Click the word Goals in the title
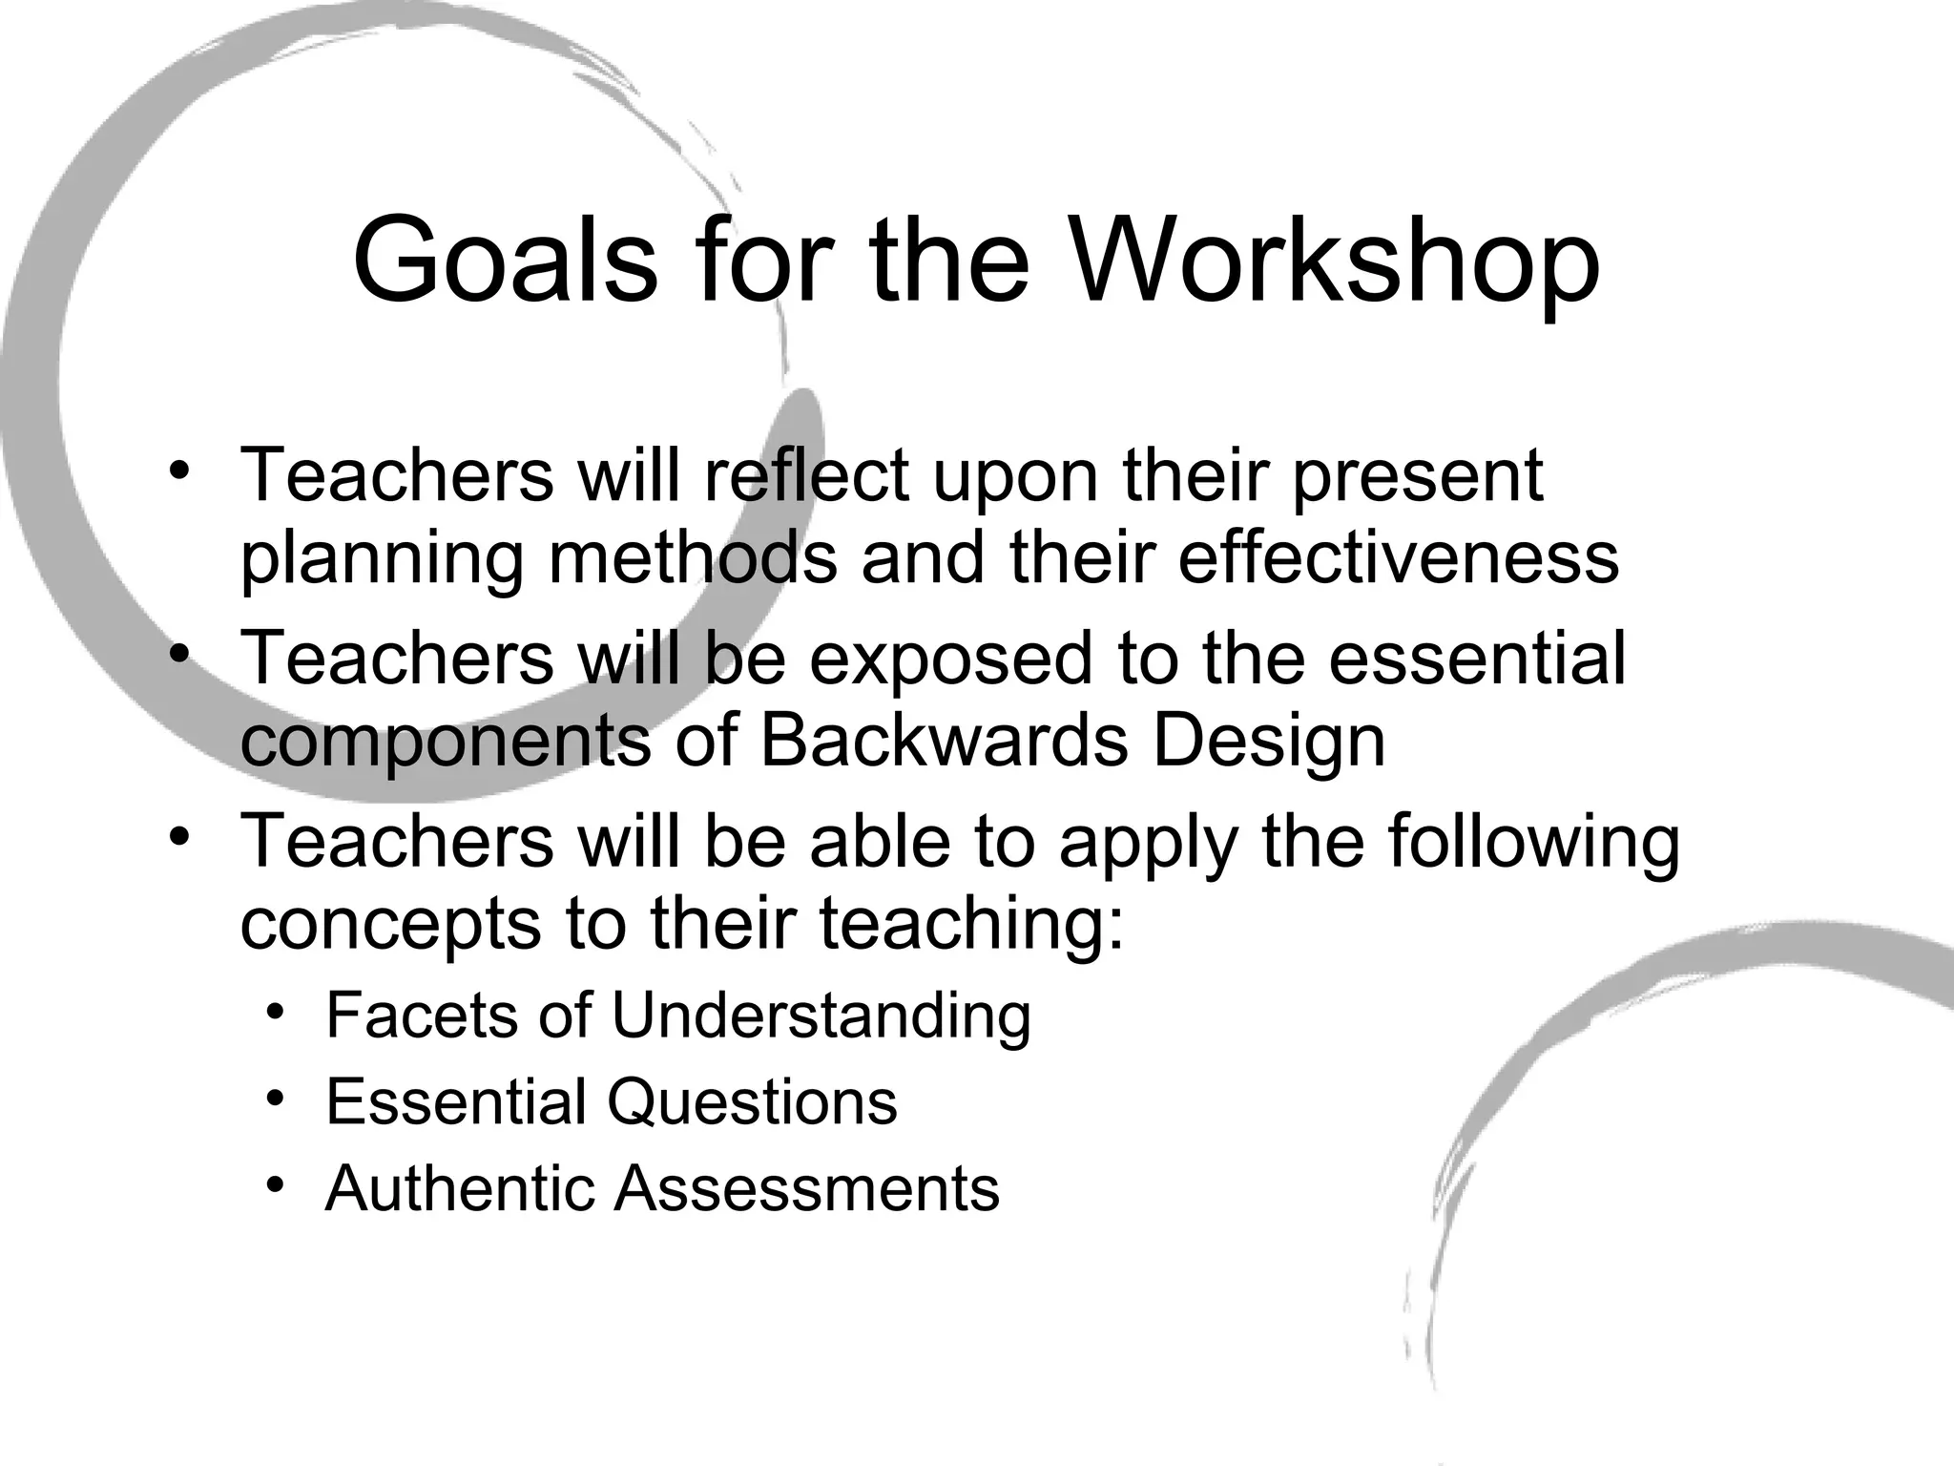505,261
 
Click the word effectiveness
1398,557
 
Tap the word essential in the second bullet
1477,658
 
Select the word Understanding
821,1016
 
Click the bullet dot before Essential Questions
276,1099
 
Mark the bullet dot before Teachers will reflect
178,471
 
